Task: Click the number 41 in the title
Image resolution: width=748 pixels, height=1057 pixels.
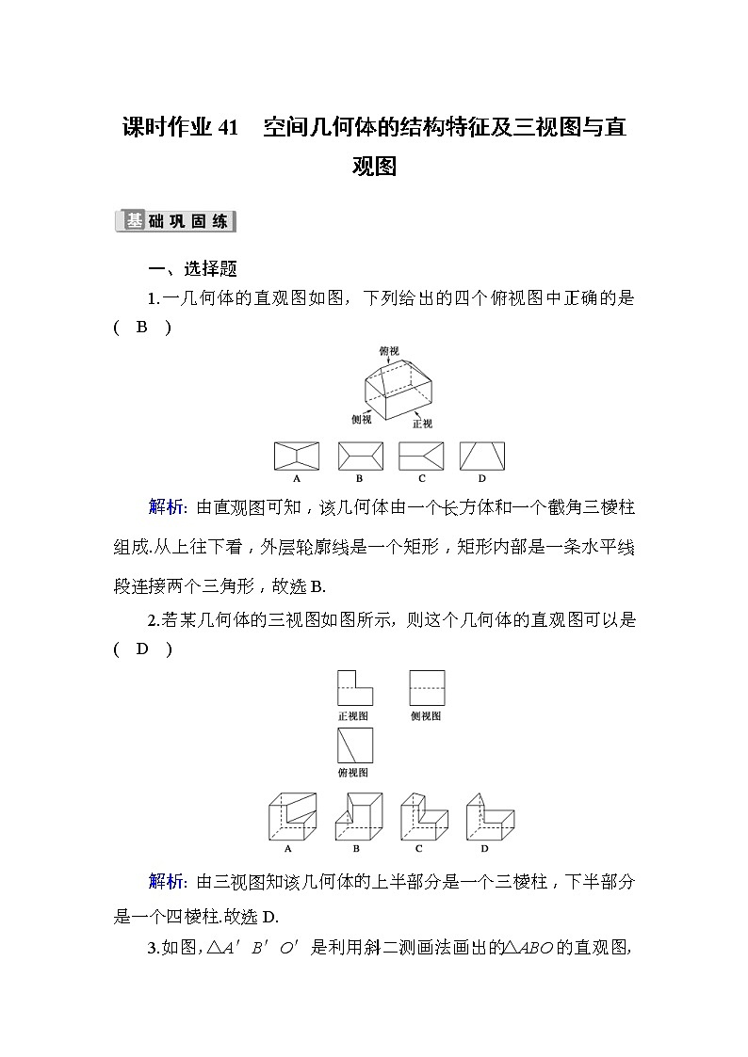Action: (x=229, y=128)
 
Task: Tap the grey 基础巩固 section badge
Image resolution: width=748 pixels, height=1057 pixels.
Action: (x=174, y=222)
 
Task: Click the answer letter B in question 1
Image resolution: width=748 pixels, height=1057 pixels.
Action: (x=142, y=328)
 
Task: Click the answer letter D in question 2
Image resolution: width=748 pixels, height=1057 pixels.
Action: (x=142, y=649)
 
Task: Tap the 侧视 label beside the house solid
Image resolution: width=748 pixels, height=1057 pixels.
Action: (x=359, y=416)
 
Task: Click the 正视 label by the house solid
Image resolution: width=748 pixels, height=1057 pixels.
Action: (x=422, y=424)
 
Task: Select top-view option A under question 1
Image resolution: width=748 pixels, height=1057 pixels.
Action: (x=297, y=456)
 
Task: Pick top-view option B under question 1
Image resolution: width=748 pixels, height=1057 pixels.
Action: (x=360, y=456)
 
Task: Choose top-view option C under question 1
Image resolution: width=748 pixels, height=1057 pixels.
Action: (x=421, y=456)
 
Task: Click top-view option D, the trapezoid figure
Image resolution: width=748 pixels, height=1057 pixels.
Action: (x=482, y=456)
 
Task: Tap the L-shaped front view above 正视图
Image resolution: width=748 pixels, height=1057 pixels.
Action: (x=354, y=688)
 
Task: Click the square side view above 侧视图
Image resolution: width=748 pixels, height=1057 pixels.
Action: (x=427, y=688)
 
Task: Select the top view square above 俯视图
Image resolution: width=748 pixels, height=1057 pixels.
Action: (x=354, y=745)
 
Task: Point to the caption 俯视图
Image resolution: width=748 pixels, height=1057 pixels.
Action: (x=354, y=773)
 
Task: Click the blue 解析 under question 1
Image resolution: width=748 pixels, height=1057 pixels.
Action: (x=167, y=508)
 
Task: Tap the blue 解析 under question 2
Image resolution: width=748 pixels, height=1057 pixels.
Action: (x=167, y=882)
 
